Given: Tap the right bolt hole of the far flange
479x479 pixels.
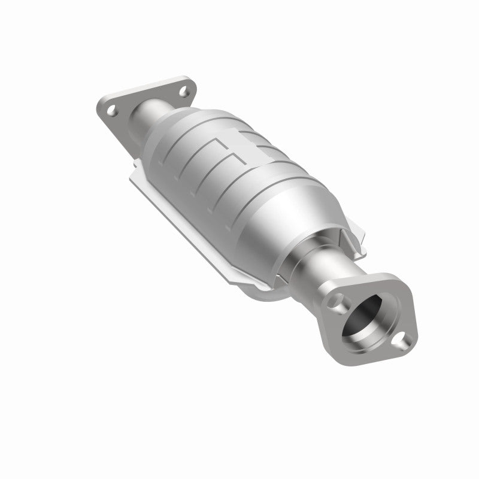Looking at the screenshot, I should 183,91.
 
